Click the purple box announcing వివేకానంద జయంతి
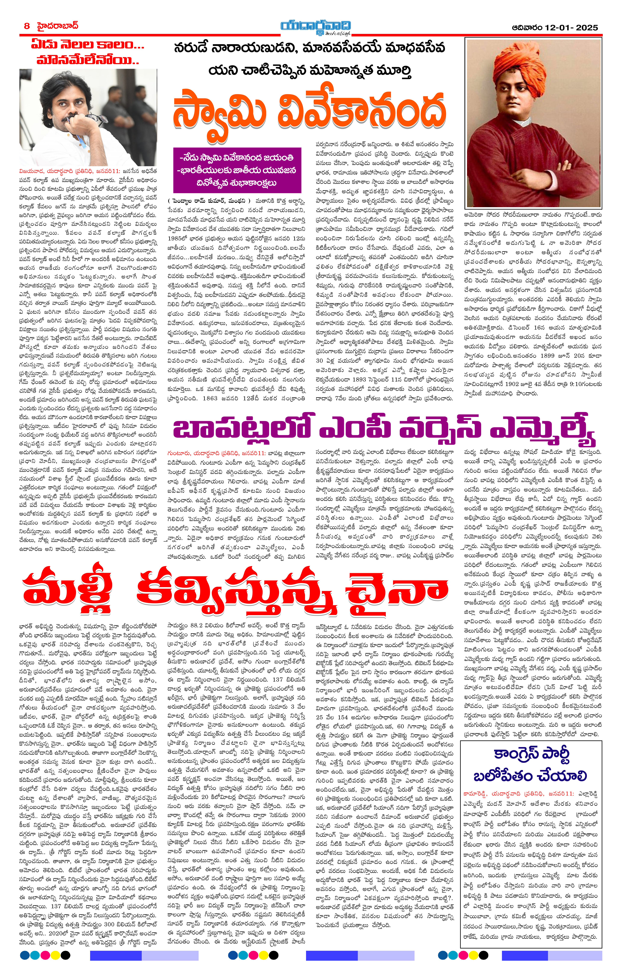click(237, 170)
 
